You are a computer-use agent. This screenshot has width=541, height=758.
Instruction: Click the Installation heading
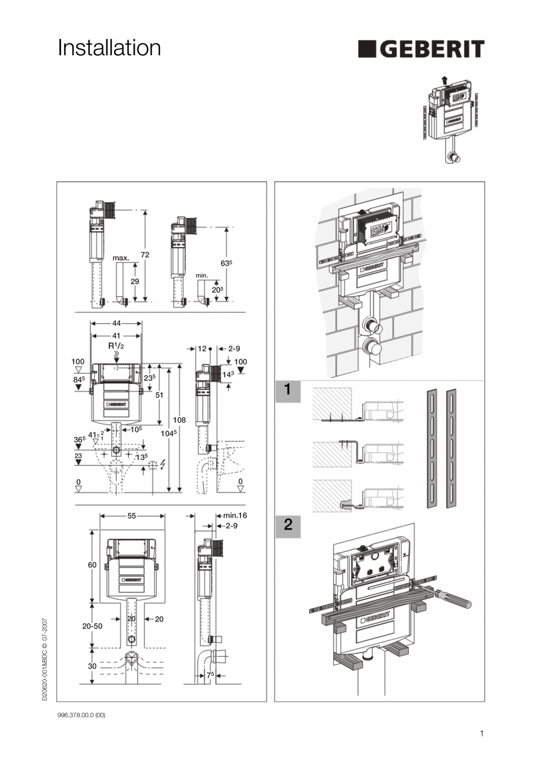[x=109, y=48]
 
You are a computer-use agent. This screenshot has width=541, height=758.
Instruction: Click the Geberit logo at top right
[x=421, y=49]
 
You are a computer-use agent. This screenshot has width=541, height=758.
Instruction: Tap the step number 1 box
[x=288, y=390]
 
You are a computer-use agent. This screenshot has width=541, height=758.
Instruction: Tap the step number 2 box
[x=288, y=525]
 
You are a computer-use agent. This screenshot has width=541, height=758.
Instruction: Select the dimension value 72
[x=145, y=254]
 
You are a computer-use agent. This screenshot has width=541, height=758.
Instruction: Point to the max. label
[x=121, y=258]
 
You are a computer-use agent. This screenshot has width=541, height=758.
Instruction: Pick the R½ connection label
[x=116, y=346]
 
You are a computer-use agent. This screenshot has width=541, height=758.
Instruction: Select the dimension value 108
[x=179, y=420]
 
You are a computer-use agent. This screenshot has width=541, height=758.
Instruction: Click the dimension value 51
[x=159, y=395]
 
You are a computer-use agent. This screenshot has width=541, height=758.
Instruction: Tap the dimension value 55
[x=132, y=515]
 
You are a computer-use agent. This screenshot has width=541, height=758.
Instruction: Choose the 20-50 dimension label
[x=92, y=626]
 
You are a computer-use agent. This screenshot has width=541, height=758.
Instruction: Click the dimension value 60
[x=92, y=565]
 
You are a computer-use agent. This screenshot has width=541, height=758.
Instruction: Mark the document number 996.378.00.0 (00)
[x=82, y=715]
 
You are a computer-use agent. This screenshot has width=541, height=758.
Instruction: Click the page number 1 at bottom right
[x=481, y=733]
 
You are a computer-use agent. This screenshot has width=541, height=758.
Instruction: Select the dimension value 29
[x=135, y=281]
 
